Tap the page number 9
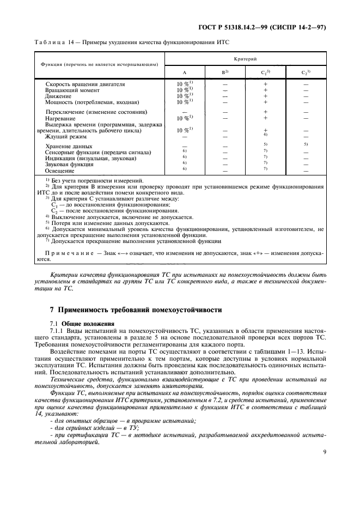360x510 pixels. click(x=324, y=451)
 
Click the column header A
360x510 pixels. click(x=185, y=72)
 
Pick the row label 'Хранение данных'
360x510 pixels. click(x=69, y=147)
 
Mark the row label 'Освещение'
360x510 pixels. click(x=59, y=171)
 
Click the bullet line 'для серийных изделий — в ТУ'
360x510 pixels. click(x=96, y=422)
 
